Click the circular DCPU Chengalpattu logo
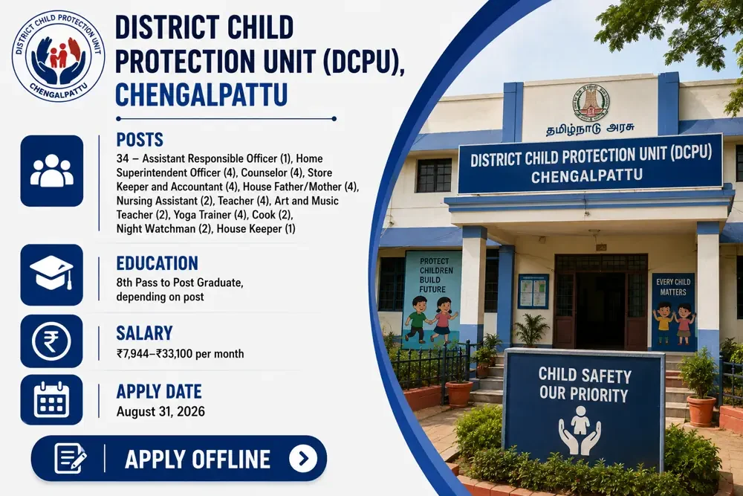59,56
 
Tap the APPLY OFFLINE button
179,459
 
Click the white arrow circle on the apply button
303,459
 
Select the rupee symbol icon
51,341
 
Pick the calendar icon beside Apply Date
52,400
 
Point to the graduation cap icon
51,273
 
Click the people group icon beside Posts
52,170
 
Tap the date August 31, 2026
160,411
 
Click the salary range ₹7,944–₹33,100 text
180,354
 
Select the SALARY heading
145,333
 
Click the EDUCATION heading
158,263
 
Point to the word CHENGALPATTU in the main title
201,94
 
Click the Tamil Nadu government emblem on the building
591,101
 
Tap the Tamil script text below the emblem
591,129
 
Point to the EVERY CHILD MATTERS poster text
673,287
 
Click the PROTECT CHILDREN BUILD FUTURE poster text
436,275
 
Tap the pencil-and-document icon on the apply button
70,458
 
